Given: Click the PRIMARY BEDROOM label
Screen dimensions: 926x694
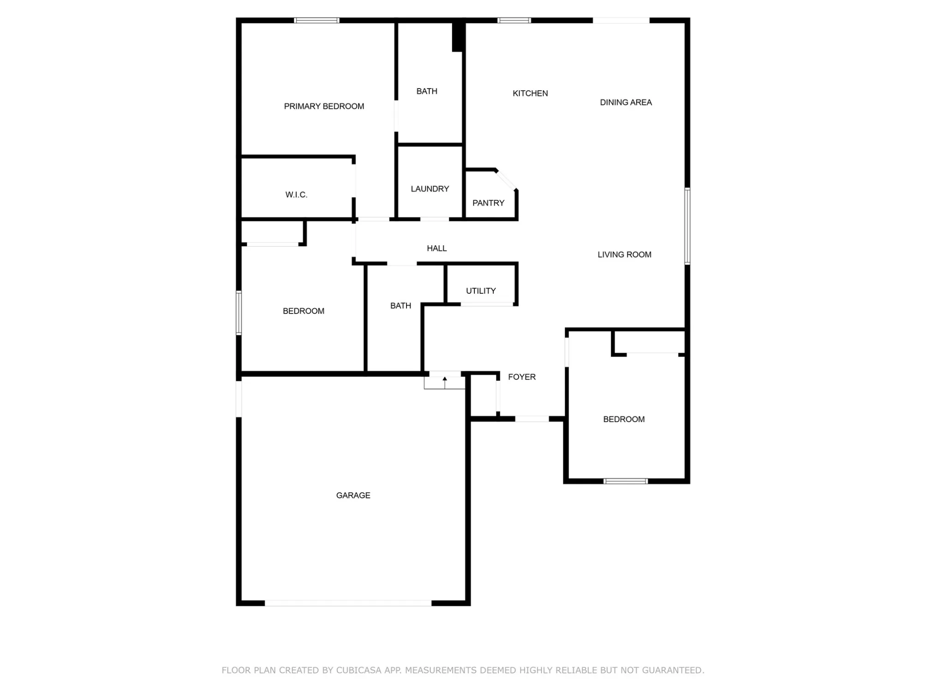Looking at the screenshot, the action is [324, 107].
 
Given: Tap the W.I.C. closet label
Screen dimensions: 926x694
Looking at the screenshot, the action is [296, 195].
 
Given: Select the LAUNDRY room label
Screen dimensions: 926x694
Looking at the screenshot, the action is [430, 189].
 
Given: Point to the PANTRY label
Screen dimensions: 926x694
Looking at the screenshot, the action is [488, 203].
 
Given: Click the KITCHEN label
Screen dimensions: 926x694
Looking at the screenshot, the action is [530, 94].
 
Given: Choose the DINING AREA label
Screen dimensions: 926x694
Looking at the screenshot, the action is [626, 102].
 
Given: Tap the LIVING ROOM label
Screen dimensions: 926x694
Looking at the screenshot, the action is [624, 255].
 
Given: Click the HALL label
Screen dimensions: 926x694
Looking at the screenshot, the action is [436, 249].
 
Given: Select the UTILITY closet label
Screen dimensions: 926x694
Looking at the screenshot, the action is [481, 291].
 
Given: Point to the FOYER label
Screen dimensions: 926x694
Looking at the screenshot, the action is [522, 377].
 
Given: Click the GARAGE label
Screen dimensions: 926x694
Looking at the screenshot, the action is [353, 496].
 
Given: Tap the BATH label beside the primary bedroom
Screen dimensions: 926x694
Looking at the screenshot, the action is [427, 91].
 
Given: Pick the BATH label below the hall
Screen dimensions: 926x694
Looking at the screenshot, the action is [400, 306].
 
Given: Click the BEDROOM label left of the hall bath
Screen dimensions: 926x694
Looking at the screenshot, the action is [304, 311].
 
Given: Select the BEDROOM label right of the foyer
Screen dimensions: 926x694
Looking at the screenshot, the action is [624, 420].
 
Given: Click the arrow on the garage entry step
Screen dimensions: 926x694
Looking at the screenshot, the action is [445, 382].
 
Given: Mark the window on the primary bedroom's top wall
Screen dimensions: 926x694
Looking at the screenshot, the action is [317, 20].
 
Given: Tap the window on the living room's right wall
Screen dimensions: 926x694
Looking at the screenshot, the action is [687, 226].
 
